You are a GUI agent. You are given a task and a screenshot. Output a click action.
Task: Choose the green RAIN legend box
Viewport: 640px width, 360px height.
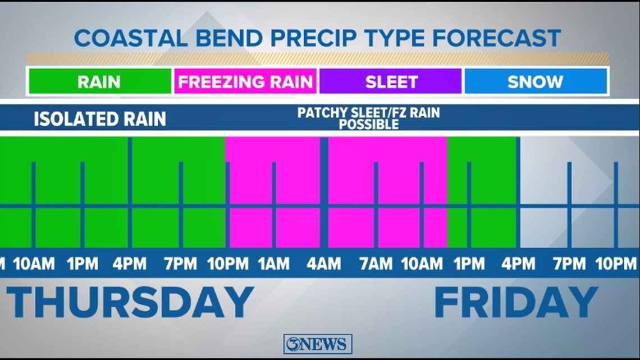click(99, 81)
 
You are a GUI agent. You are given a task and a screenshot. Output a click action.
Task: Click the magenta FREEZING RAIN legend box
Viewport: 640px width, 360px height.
click(245, 81)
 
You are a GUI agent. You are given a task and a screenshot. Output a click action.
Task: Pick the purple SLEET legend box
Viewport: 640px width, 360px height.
click(391, 81)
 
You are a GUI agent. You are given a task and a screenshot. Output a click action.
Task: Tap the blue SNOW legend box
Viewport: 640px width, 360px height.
click(535, 81)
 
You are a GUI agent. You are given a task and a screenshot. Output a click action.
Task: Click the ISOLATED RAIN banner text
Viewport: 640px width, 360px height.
click(100, 119)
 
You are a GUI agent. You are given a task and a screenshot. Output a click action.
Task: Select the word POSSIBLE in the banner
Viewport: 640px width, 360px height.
click(368, 125)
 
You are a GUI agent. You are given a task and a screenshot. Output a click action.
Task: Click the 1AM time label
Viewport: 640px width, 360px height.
click(274, 263)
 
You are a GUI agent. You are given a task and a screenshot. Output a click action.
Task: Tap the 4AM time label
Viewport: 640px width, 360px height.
click(323, 263)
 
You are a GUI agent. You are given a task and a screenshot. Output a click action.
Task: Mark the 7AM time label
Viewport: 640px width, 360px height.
click(376, 263)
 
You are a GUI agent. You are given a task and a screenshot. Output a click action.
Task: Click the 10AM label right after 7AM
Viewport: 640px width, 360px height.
click(422, 263)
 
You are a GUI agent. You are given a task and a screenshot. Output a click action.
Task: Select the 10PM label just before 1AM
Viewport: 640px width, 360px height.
click(228, 263)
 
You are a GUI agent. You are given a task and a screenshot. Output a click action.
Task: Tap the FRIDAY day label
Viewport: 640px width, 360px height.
click(516, 302)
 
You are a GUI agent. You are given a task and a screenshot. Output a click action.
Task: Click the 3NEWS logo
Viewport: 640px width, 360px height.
click(318, 344)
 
